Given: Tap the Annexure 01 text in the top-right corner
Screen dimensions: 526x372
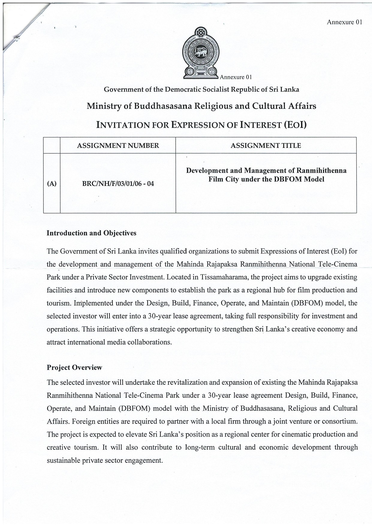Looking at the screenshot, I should [344, 22].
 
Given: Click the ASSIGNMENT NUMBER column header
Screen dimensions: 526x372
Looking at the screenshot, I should [118, 146].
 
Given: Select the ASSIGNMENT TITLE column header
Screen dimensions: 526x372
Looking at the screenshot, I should [266, 146].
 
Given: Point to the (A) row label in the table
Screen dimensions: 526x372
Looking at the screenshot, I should [52, 184].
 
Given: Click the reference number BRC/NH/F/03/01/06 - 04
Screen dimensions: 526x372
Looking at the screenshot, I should [118, 184].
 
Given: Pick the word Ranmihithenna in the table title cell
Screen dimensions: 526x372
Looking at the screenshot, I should [321, 171].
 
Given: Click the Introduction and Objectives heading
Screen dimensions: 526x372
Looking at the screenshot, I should [91, 233].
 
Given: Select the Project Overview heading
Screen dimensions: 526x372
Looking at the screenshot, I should [74, 367].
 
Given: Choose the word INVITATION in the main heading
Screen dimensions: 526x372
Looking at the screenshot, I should [122, 125].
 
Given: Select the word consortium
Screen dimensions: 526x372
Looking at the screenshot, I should [340, 421].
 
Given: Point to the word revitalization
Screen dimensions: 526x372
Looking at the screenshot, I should [194, 382].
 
